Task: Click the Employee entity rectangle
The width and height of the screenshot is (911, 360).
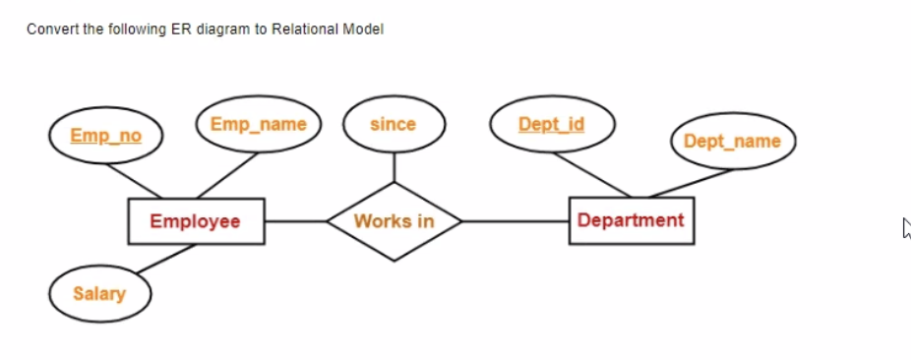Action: (195, 221)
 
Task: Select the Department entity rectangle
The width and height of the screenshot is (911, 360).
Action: (631, 220)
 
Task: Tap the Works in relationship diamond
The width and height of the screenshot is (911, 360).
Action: (394, 221)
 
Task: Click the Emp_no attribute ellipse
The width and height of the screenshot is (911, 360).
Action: (105, 136)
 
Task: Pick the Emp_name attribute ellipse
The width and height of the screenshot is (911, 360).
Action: (258, 125)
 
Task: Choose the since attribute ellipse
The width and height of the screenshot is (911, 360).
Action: (394, 125)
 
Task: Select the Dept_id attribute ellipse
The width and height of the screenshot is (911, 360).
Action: (552, 125)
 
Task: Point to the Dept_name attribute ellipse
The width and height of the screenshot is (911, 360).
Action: (732, 142)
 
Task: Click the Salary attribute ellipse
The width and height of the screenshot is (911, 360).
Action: (98, 293)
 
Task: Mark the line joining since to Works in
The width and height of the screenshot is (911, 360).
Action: (394, 167)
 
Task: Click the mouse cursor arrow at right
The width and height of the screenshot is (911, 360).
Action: (906, 228)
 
